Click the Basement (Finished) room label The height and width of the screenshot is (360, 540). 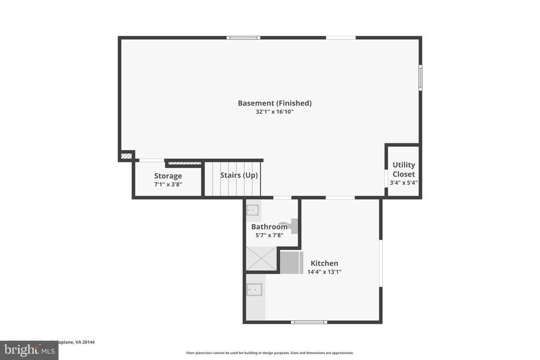tap(274, 103)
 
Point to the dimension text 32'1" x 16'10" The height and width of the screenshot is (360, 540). tap(274, 112)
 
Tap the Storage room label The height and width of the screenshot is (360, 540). tap(168, 176)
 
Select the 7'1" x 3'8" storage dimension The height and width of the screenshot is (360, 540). tap(168, 184)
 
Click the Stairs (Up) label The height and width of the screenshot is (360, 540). tap(239, 175)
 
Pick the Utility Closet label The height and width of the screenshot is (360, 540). tap(403, 169)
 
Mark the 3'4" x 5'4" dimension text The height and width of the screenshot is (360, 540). tap(403, 182)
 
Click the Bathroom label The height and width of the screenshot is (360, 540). tap(269, 227)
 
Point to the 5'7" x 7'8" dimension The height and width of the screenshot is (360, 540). tap(269, 235)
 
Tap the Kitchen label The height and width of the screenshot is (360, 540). tap(324, 264)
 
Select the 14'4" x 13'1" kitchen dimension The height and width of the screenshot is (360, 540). tap(324, 272)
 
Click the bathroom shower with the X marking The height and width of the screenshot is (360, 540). tap(261, 259)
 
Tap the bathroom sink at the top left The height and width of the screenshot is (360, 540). tap(253, 210)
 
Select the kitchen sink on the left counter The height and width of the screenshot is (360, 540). tap(254, 289)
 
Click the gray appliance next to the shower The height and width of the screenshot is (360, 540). tap(291, 262)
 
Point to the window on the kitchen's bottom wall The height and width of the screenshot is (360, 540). tap(309, 322)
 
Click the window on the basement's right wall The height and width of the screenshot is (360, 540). tap(420, 77)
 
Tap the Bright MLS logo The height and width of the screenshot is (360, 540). tap(29, 350)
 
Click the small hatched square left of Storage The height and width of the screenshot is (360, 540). tap(126, 156)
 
